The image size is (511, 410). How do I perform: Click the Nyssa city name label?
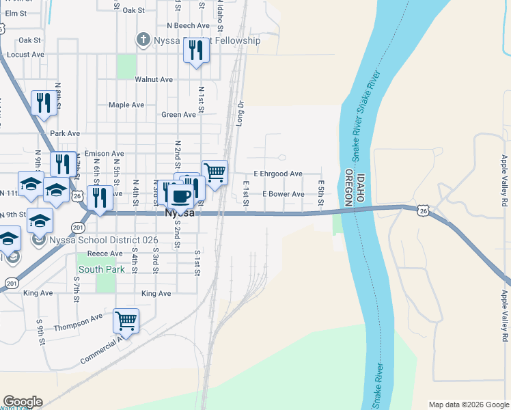click(x=181, y=213)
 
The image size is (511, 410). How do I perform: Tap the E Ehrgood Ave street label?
click(x=278, y=174)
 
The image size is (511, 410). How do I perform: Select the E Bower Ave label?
click(x=284, y=194)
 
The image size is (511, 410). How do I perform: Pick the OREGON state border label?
click(x=348, y=188)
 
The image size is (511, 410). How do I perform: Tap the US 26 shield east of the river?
click(x=424, y=211)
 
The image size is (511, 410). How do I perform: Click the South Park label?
click(x=101, y=269)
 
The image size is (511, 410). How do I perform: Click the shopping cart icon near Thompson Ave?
click(x=126, y=320)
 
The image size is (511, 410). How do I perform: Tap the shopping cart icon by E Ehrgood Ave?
click(x=215, y=171)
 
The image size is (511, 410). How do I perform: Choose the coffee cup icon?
click(x=180, y=195)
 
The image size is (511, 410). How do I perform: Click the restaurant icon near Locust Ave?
click(x=196, y=50)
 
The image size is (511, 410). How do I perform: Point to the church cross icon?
click(x=143, y=39)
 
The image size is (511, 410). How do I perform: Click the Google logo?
click(x=22, y=402)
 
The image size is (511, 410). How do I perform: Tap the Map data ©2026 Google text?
click(x=468, y=405)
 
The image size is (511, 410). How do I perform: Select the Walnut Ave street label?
click(x=154, y=79)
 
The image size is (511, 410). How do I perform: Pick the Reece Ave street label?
click(x=107, y=254)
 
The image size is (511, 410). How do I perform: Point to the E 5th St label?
click(x=320, y=187)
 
